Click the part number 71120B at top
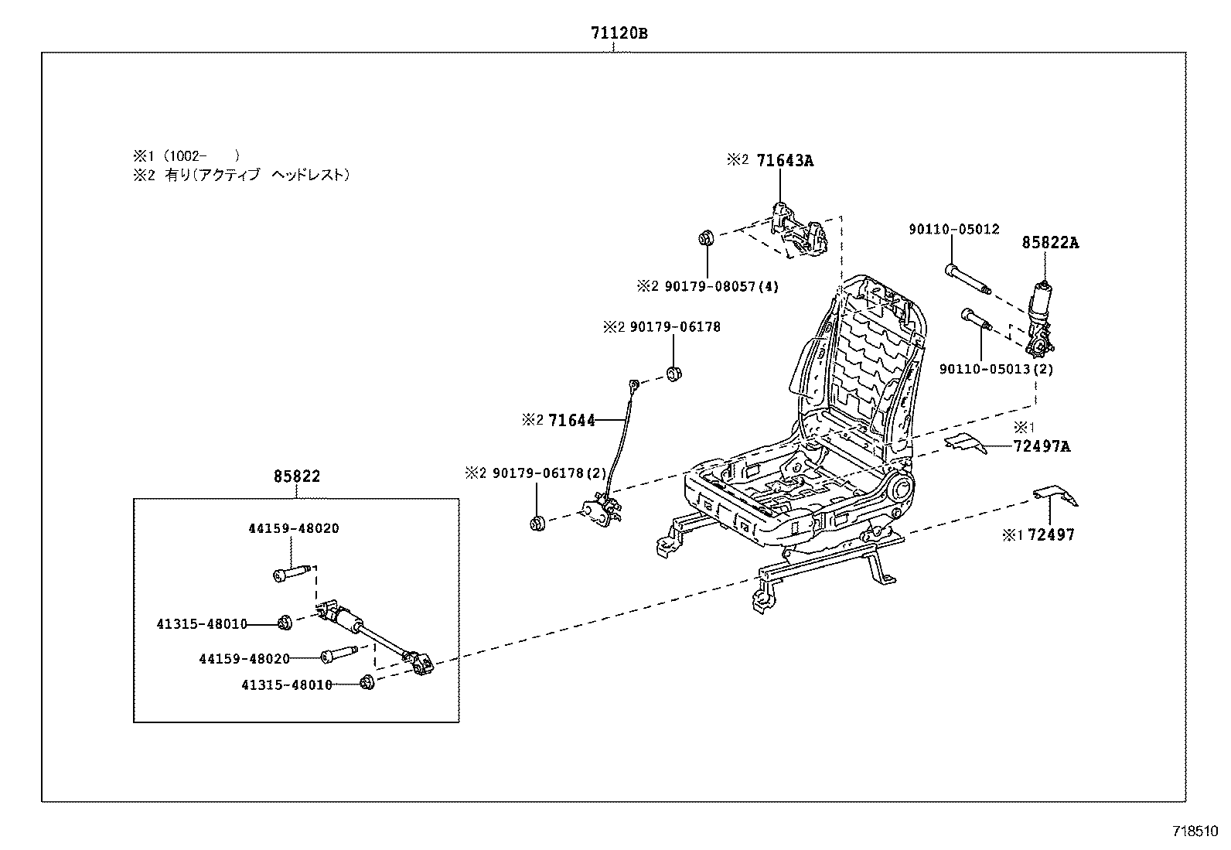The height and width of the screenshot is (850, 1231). [x=619, y=34]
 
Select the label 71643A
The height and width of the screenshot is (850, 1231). [x=785, y=161]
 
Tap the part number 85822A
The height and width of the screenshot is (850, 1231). [x=1049, y=243]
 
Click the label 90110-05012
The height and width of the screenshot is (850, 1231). [x=953, y=230]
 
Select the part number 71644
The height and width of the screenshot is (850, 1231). [x=571, y=421]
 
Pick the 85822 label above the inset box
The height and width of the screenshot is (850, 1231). [x=296, y=477]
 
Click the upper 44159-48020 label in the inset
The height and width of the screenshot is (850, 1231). [x=293, y=529]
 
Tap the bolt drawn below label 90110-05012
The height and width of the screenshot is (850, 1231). [x=967, y=280]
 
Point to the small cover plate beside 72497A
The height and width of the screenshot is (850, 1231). [x=966, y=442]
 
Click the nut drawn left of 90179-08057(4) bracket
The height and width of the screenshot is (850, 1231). [x=705, y=237]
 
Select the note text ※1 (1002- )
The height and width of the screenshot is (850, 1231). [x=186, y=155]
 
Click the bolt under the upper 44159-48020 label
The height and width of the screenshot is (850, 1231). [x=292, y=574]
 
